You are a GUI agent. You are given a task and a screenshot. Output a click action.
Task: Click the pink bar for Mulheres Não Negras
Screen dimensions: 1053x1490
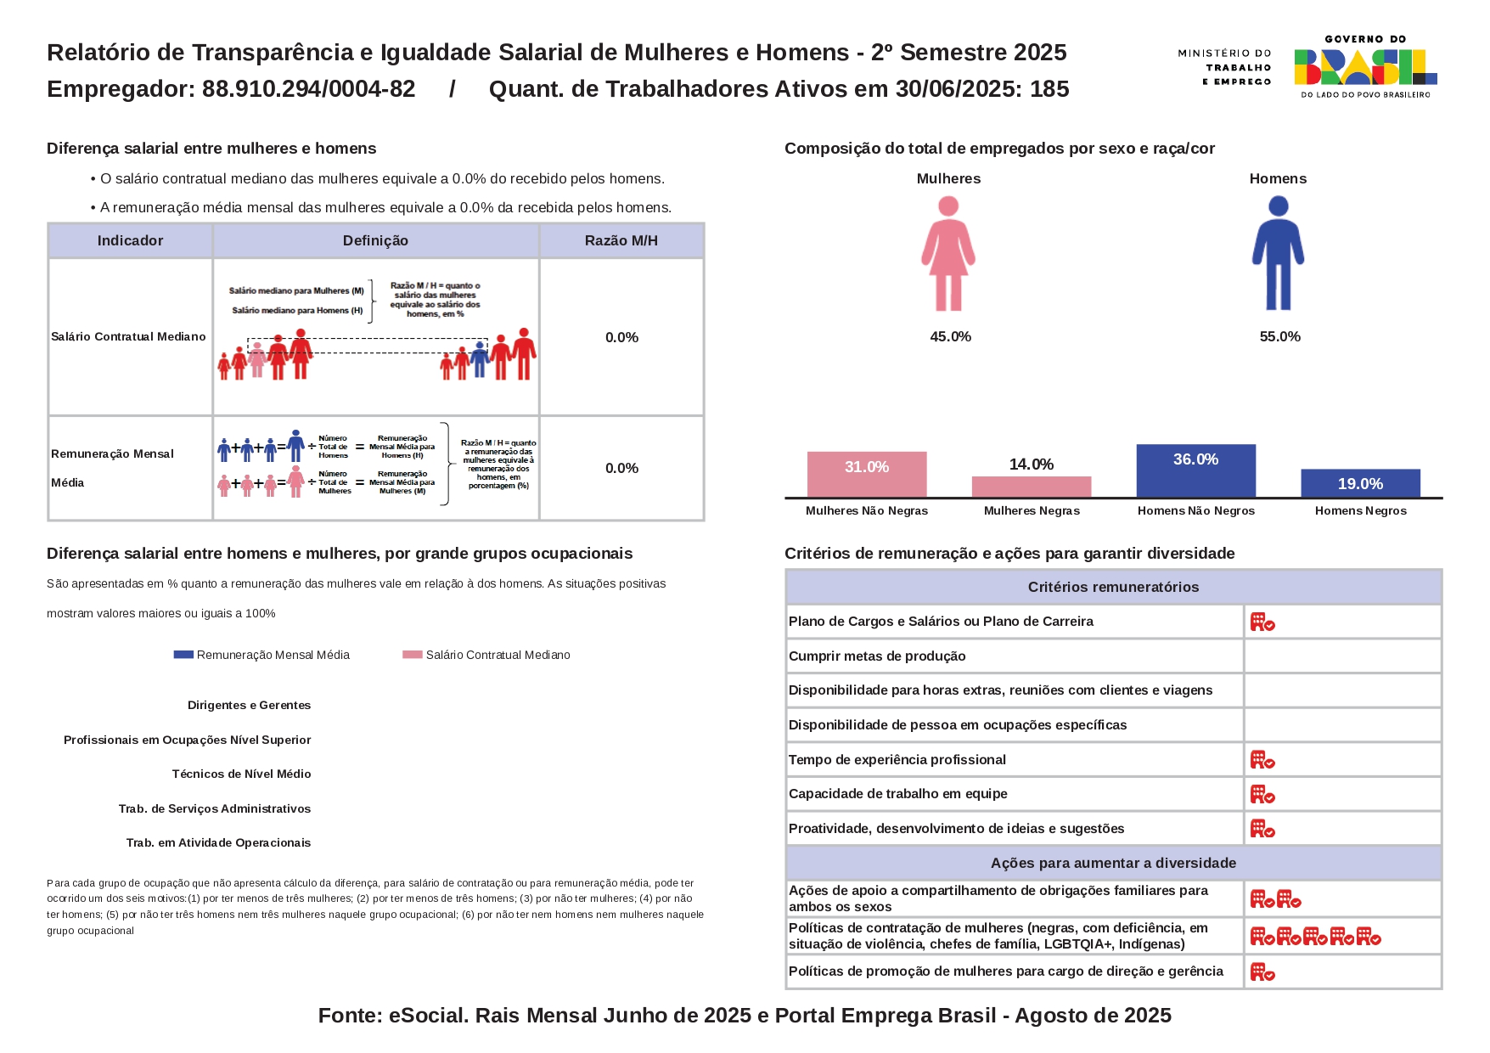[866, 474]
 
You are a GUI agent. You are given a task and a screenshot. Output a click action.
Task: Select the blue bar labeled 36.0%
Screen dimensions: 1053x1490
[1195, 470]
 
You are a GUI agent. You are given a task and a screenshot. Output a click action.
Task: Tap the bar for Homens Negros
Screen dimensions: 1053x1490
[1360, 483]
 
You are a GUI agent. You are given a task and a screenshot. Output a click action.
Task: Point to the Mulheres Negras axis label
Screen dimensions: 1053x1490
[1032, 510]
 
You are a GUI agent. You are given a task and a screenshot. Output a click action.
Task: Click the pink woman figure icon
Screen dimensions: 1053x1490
[948, 253]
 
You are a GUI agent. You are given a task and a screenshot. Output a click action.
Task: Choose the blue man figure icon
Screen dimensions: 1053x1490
[1278, 253]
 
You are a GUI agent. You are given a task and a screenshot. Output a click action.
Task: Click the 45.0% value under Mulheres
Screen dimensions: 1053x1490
[950, 336]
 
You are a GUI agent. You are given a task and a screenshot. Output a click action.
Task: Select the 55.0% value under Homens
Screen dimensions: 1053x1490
[1279, 336]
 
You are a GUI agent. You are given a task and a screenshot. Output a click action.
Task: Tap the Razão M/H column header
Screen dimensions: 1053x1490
[621, 240]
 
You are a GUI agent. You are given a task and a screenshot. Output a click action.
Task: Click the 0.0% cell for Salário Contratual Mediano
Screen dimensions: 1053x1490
[621, 337]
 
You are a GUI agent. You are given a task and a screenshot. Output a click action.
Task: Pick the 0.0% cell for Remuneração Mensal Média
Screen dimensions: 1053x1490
[621, 468]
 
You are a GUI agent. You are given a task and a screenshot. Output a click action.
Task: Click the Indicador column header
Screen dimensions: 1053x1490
[130, 240]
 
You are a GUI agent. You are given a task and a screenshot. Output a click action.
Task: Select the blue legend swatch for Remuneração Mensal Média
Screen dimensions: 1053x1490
[183, 655]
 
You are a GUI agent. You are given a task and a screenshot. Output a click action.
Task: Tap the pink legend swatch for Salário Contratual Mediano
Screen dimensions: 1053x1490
[413, 655]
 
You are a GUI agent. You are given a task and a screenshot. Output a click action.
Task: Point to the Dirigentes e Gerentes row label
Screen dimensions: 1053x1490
[249, 705]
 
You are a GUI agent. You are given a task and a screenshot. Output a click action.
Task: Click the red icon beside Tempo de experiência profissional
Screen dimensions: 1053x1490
[1262, 760]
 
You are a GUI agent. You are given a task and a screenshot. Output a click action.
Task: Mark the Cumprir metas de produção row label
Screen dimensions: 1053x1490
[877, 656]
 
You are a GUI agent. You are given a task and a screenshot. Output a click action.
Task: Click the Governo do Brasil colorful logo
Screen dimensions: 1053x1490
[1365, 67]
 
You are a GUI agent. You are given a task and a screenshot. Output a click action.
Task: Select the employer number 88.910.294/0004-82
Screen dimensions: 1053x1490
[308, 89]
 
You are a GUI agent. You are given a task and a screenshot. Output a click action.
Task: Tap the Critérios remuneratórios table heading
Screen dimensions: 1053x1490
[1113, 587]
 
